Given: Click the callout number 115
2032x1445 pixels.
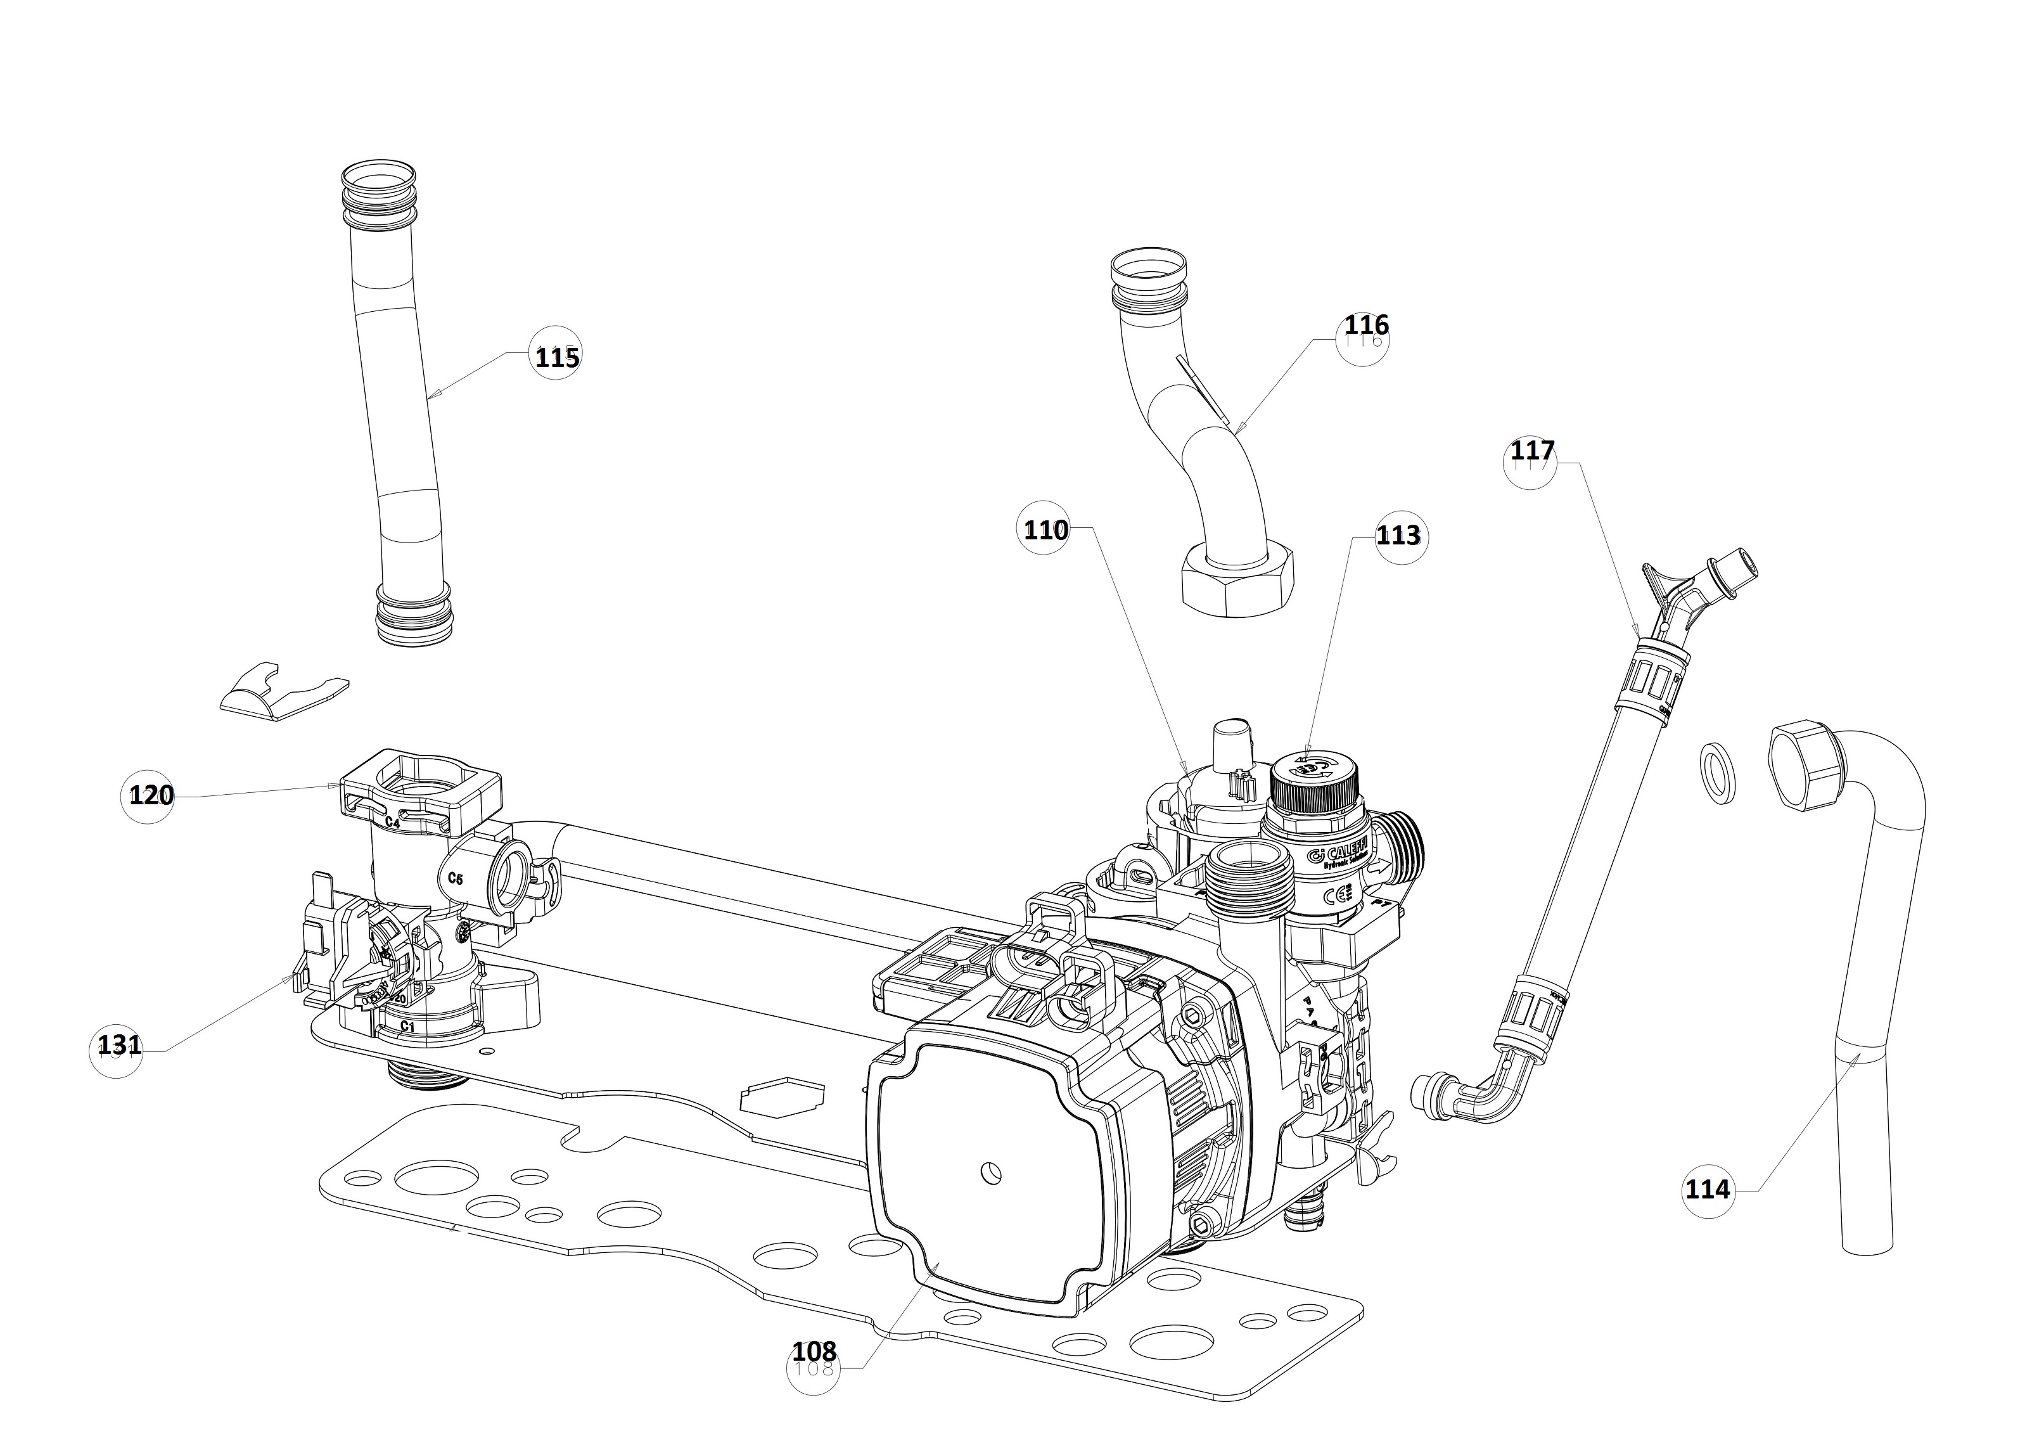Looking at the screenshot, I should click(x=557, y=357).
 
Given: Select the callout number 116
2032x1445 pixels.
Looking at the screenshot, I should click(x=1365, y=326).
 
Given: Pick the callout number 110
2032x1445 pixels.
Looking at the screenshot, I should click(x=1045, y=530).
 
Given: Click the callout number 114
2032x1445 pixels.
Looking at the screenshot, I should click(x=1707, y=1189).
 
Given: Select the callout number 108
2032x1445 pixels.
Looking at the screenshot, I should click(x=814, y=1352).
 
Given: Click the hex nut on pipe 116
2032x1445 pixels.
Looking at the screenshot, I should click(x=1237, y=583).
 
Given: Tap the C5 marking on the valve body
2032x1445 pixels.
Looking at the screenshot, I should click(x=455, y=879).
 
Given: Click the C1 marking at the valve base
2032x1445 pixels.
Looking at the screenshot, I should click(x=407, y=1026).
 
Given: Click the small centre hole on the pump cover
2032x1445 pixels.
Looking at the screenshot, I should click(x=989, y=1172).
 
